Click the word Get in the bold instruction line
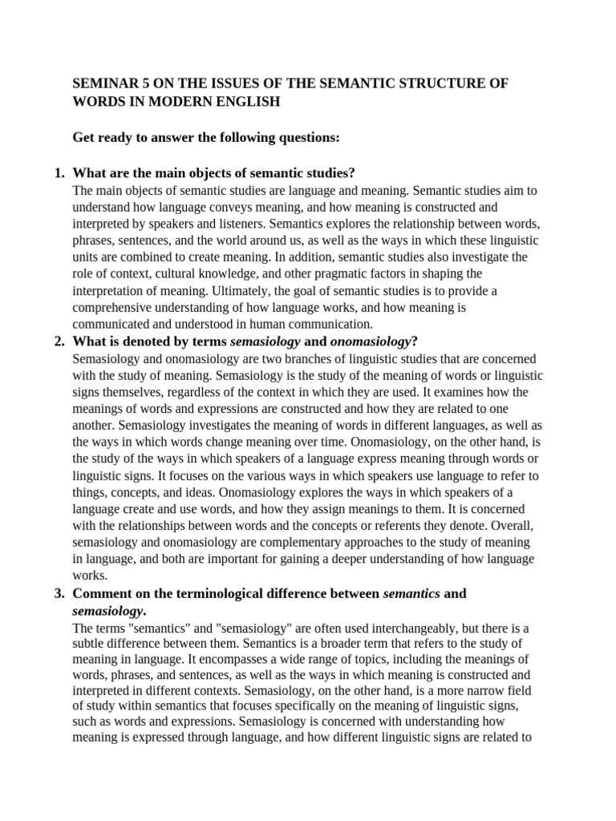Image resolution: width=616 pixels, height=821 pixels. [84, 138]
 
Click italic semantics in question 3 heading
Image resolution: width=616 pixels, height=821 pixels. [411, 594]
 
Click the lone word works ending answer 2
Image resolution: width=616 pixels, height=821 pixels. [89, 576]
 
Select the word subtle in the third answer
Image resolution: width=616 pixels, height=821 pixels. [89, 645]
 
